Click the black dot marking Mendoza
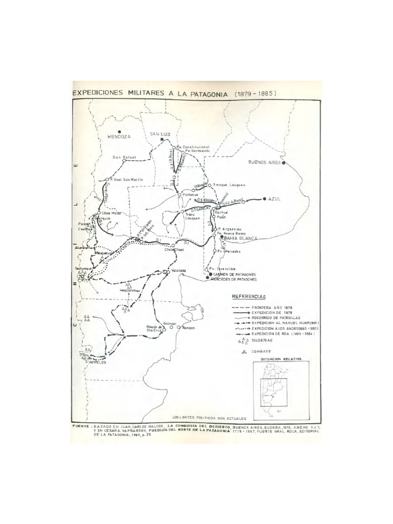[118, 130]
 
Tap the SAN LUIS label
[159, 134]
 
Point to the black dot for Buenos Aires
[283, 163]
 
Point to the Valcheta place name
[178, 272]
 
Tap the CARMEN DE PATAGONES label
[234, 275]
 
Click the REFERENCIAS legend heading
[249, 296]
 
